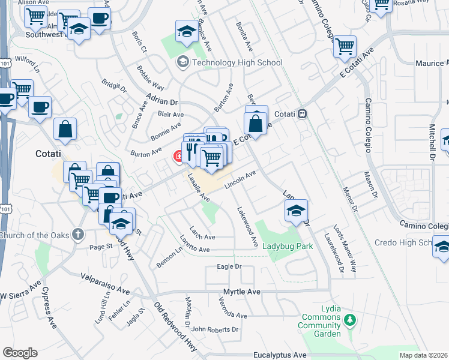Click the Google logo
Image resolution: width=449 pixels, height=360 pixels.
[20, 353]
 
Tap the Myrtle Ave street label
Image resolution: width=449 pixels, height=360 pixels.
[242, 292]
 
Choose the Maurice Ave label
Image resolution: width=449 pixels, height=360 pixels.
[432, 63]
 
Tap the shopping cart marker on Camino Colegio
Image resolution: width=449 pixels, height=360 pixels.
[345, 47]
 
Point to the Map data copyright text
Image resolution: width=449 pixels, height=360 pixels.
[424, 355]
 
